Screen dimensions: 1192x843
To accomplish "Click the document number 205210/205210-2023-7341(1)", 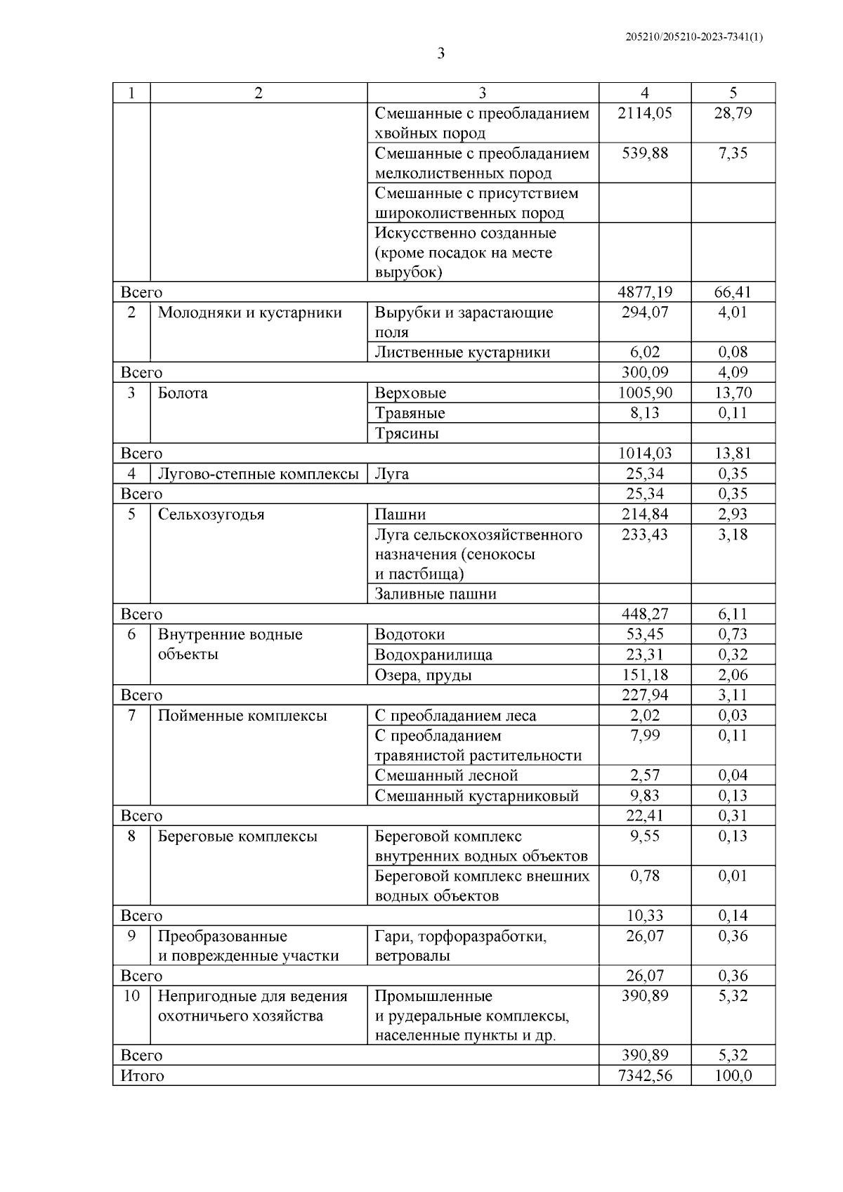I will (x=693, y=37).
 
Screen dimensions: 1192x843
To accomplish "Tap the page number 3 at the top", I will (x=441, y=53).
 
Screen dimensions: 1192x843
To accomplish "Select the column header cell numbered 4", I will (x=644, y=93).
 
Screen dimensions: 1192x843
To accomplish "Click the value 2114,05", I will (x=644, y=113).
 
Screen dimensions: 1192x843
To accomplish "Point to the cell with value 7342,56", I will (x=644, y=1075).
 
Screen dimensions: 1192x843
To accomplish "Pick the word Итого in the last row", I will (x=143, y=1075).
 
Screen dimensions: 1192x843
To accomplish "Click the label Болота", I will (x=183, y=393).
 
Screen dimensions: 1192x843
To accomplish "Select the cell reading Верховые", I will (x=410, y=393).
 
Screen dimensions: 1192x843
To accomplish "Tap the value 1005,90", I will (x=644, y=393).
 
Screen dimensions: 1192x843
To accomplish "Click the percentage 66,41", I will (x=733, y=292).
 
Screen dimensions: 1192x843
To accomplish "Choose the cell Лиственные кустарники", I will (x=462, y=352).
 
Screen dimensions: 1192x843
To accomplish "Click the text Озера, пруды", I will (x=423, y=675).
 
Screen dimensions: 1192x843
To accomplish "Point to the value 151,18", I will (x=644, y=675).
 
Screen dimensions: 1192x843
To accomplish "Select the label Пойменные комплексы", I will (x=242, y=716).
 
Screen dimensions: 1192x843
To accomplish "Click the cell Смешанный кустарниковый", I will (x=476, y=796).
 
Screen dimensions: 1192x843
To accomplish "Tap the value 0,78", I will (x=644, y=876).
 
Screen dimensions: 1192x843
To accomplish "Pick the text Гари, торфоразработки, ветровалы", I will (x=460, y=945).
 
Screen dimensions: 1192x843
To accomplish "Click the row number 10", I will (x=131, y=996).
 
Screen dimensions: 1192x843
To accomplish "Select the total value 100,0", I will (x=733, y=1075).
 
